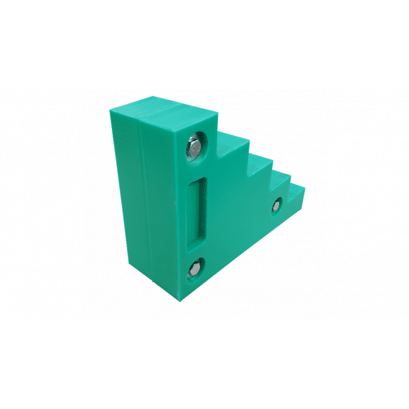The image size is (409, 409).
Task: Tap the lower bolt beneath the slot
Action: pos(195,271)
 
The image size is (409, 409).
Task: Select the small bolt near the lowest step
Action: pos(276,208)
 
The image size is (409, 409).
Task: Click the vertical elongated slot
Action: pos(195,209)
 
